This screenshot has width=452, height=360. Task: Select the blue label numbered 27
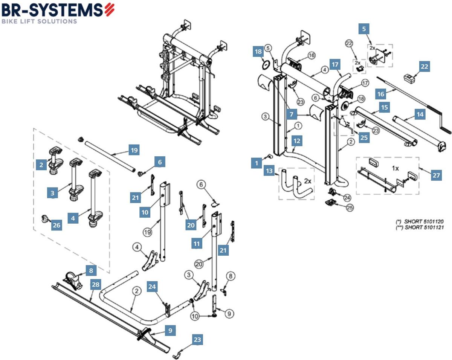click(436, 175)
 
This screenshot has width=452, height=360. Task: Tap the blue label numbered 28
click(96, 285)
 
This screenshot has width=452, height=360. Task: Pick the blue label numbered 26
click(56, 225)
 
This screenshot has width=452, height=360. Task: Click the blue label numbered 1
click(257, 163)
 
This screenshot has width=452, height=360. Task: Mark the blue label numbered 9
click(170, 331)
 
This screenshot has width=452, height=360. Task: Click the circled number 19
click(147, 232)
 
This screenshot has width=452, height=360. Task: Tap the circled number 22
click(349, 44)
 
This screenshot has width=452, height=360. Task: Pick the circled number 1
click(298, 125)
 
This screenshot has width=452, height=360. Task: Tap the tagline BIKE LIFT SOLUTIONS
click(39, 21)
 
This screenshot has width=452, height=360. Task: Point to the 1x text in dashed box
click(395, 168)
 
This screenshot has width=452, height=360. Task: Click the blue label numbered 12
click(297, 141)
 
